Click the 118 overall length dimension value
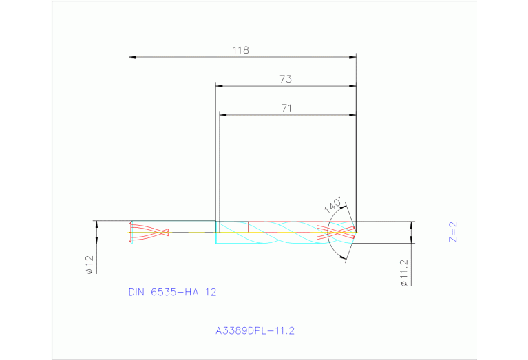[240, 50]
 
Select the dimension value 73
[286, 79]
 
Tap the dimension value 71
[286, 107]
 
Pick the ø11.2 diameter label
[404, 273]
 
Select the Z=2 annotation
[452, 233]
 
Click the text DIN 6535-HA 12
[172, 292]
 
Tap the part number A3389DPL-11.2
[255, 331]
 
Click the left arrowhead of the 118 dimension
[133, 57]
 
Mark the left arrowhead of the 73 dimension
[220, 86]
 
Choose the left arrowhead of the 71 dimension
[222, 114]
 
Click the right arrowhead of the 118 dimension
[352, 57]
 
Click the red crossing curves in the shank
[150, 231]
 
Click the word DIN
[138, 292]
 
